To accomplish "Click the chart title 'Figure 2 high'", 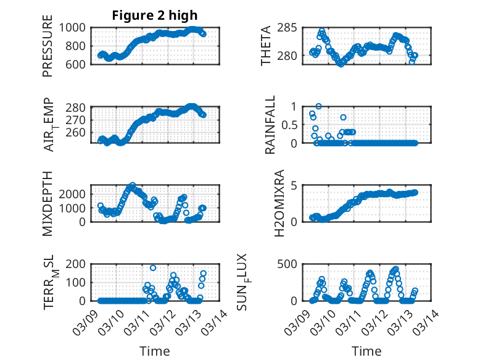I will click(155, 15).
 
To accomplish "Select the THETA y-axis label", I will click(266, 46).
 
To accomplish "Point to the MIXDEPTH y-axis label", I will click(48, 203).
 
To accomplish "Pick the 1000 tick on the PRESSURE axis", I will click(73, 28).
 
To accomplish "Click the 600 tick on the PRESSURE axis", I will click(77, 64).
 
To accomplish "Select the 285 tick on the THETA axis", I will click(291, 28).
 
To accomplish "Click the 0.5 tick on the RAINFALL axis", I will click(292, 124).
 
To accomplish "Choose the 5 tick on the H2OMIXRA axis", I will click(295, 185).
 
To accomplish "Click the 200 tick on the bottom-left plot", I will click(77, 264).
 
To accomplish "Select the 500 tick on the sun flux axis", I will click(291, 264).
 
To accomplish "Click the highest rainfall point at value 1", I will click(318, 106).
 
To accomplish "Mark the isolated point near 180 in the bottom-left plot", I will click(153, 268).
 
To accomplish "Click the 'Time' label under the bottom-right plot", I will click(367, 351).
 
